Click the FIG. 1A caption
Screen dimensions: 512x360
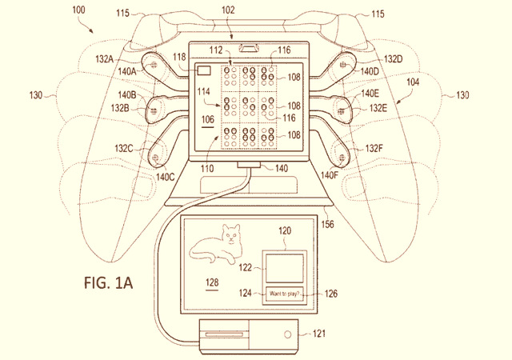coord(109,282)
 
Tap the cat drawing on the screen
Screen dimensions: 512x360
coord(217,244)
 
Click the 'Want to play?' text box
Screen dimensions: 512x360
coord(284,294)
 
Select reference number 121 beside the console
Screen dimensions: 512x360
coord(318,334)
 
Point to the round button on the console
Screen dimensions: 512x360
coord(288,334)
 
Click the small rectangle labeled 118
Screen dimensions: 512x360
coord(204,71)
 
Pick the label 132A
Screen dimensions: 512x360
coord(105,59)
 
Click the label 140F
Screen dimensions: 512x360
coord(329,175)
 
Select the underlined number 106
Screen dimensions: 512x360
coord(208,120)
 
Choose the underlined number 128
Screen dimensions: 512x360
coord(212,282)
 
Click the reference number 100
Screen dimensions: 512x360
coord(78,10)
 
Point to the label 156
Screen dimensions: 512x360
coord(327,224)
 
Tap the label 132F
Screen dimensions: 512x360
coord(374,149)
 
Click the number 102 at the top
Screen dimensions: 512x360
coord(228,10)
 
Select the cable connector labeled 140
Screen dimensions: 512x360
coord(249,164)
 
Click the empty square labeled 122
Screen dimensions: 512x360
coord(285,269)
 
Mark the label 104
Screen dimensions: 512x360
coord(413,82)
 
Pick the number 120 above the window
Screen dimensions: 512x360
coord(285,231)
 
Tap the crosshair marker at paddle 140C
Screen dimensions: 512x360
coord(156,158)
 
